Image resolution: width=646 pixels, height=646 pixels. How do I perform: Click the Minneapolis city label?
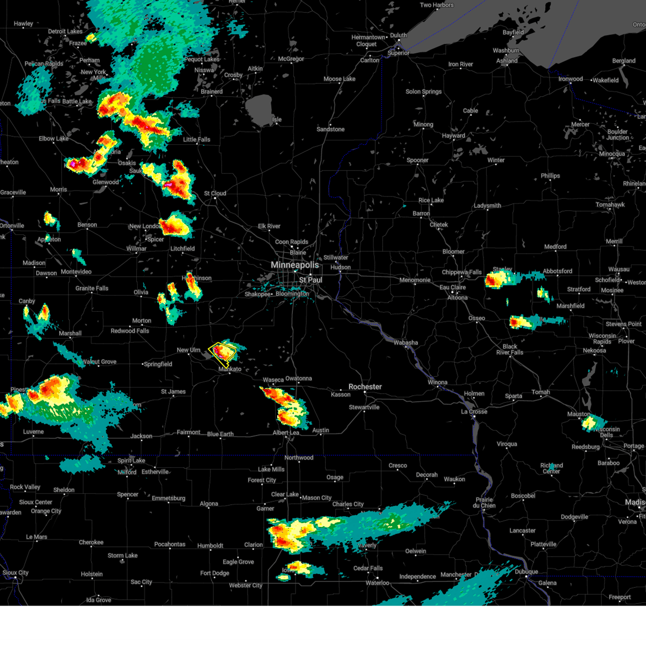click(x=294, y=265)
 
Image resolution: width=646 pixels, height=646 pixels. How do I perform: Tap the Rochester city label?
click(x=365, y=387)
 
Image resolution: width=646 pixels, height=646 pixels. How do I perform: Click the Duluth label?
click(x=398, y=36)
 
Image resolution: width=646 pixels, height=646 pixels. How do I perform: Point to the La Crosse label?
click(x=474, y=412)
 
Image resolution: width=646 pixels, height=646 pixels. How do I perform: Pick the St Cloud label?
click(x=215, y=193)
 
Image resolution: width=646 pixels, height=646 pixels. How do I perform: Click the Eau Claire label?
click(x=453, y=287)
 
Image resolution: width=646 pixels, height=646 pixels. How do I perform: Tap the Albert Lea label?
click(x=286, y=433)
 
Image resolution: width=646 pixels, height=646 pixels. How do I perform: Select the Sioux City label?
click(x=16, y=573)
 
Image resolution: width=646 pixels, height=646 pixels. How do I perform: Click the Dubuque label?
click(x=526, y=572)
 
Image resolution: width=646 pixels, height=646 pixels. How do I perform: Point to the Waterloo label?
click(x=377, y=583)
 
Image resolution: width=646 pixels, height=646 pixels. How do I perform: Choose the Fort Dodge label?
click(x=215, y=573)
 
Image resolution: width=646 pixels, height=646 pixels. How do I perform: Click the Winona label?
click(x=437, y=382)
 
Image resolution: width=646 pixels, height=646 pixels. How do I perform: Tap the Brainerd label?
click(x=212, y=92)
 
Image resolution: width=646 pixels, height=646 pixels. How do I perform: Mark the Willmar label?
click(x=136, y=249)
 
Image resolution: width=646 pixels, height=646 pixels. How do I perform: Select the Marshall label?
click(x=70, y=333)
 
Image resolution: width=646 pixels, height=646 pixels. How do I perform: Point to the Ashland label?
click(x=507, y=61)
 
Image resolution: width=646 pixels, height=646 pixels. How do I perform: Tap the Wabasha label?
click(x=405, y=342)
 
